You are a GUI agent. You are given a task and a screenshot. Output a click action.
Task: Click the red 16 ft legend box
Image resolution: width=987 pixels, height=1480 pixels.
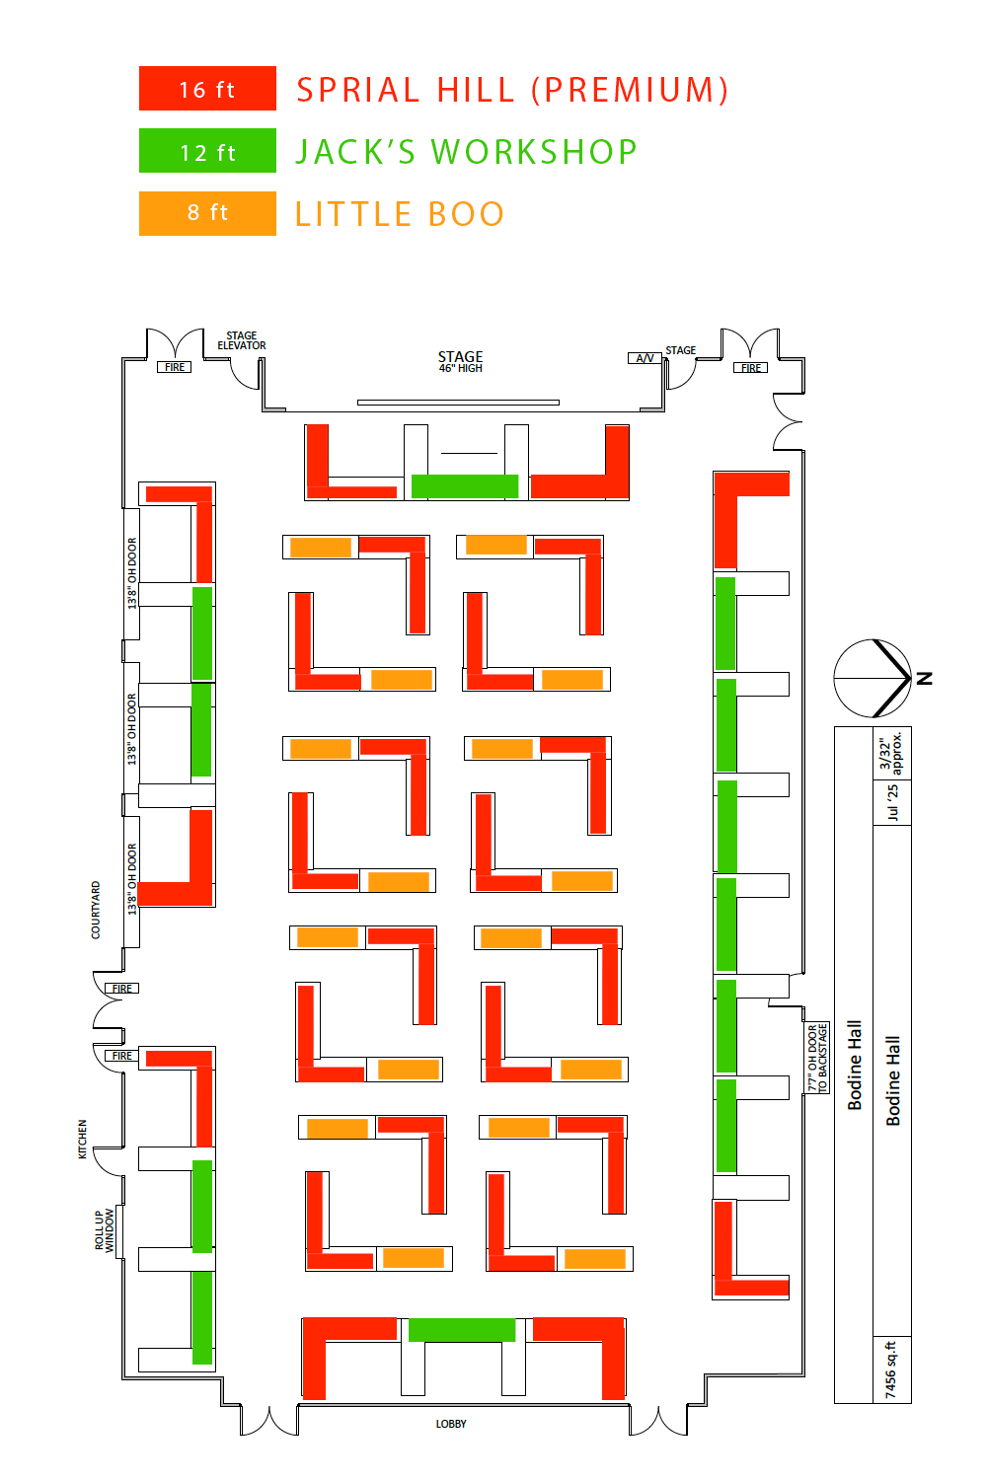[207, 88]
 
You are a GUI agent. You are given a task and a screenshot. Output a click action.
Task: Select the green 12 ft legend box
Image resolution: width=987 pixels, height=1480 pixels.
[207, 151]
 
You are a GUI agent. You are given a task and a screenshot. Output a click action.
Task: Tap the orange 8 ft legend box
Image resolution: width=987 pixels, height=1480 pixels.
[207, 213]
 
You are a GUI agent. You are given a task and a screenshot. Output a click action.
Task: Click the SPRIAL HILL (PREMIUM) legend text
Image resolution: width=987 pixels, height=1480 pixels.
[511, 90]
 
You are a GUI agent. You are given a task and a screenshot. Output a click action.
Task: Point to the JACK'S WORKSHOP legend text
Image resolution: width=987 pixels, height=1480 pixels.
[466, 152]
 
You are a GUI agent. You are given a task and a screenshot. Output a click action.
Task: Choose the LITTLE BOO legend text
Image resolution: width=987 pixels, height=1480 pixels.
[400, 214]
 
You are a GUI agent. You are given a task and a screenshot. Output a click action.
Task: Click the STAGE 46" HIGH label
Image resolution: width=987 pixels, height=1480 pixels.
[460, 361]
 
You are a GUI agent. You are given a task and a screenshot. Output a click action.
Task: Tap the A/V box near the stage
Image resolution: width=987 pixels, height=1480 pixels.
[645, 358]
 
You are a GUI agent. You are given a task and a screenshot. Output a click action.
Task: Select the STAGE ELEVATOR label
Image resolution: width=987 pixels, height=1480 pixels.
[241, 340]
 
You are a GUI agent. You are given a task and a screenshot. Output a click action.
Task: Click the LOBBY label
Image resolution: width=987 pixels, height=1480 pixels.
[451, 1424]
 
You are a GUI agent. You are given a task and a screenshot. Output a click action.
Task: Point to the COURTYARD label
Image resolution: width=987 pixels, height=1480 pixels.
[96, 910]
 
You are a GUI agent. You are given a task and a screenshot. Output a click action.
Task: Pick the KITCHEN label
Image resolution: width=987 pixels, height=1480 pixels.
[83, 1139]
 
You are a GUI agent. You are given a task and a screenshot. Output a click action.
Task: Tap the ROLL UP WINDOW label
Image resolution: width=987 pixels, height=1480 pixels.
[105, 1230]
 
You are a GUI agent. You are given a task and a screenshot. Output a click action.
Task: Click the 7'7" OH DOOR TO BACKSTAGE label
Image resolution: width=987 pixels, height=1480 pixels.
[817, 1058]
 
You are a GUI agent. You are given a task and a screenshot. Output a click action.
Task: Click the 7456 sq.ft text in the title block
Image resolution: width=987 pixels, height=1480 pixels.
[892, 1369]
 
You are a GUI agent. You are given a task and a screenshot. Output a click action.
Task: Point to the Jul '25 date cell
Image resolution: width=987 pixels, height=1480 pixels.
[892, 803]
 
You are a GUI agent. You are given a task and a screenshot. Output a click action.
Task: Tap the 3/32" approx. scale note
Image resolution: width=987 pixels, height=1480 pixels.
[890, 753]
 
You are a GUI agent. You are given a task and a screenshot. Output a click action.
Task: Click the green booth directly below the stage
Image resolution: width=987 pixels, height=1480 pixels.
[465, 486]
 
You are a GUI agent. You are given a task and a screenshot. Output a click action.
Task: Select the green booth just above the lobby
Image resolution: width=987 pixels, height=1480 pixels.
[462, 1330]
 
